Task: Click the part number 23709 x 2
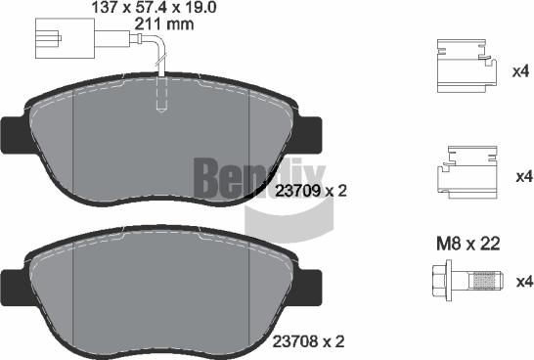[311, 192]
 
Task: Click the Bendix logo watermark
[234, 181]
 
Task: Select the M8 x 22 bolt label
[467, 245]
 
